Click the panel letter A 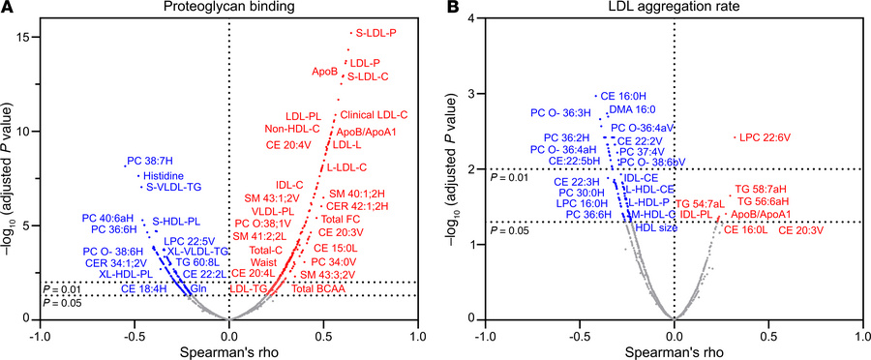[x=7, y=9]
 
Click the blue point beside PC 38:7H [x=125, y=166]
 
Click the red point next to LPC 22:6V [x=735, y=137]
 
